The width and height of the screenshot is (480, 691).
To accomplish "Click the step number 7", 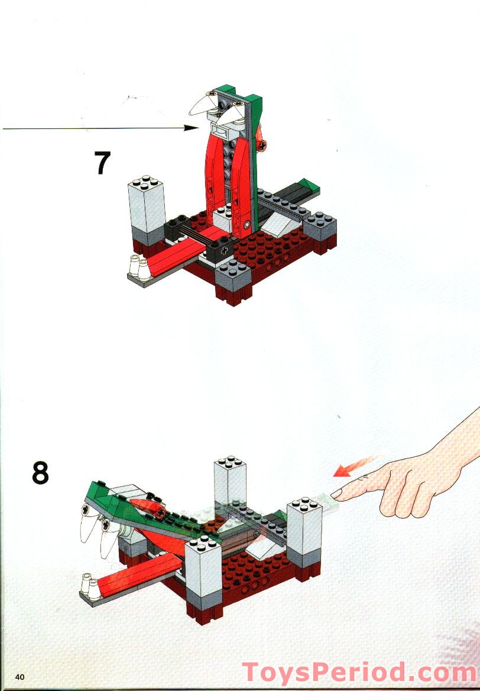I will coord(102,163).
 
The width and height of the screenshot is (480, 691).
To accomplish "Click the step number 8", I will coord(40,473).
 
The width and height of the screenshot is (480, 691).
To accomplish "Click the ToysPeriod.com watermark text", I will coord(359,673).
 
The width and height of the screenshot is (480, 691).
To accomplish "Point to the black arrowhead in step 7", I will coord(193,127).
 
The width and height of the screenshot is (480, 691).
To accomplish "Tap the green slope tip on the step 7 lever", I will coord(307,186).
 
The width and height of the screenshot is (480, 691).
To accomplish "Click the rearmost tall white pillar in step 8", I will coord(229,479).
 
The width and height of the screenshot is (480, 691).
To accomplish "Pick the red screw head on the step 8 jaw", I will coord(160,512).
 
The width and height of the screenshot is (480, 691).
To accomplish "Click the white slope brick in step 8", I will coord(261,551).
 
